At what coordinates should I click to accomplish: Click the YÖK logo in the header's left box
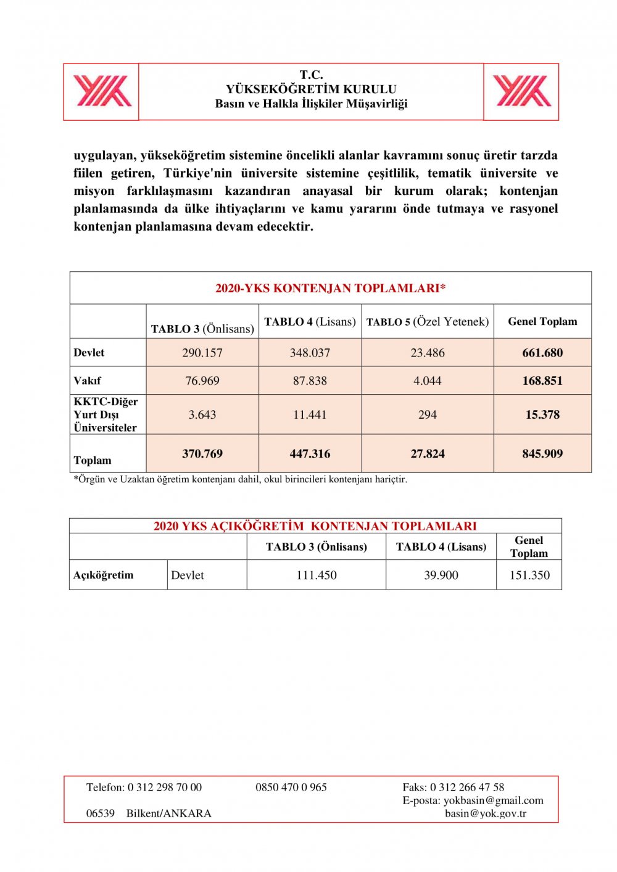102,91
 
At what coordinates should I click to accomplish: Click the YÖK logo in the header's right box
522,91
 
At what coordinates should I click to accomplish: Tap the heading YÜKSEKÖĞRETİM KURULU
311,89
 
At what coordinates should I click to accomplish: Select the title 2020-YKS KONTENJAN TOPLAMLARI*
330,288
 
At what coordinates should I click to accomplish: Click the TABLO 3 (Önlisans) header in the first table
202,329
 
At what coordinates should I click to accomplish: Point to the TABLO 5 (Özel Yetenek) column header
428,321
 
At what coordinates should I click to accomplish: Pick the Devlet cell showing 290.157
202,353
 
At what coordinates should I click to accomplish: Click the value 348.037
310,353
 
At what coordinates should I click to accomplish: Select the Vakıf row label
88,380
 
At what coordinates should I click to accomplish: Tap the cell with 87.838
310,380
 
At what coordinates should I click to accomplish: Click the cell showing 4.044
428,380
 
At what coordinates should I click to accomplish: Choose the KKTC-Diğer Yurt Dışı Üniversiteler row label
106,414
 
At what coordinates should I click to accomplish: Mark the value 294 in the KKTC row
428,414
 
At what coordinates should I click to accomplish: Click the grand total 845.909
542,454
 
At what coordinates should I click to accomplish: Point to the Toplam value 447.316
310,454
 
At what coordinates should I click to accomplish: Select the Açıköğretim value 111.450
317,575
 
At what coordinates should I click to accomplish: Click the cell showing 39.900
441,575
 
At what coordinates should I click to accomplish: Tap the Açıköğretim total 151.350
529,575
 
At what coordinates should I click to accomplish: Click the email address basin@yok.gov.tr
486,813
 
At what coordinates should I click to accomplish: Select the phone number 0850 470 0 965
291,788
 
